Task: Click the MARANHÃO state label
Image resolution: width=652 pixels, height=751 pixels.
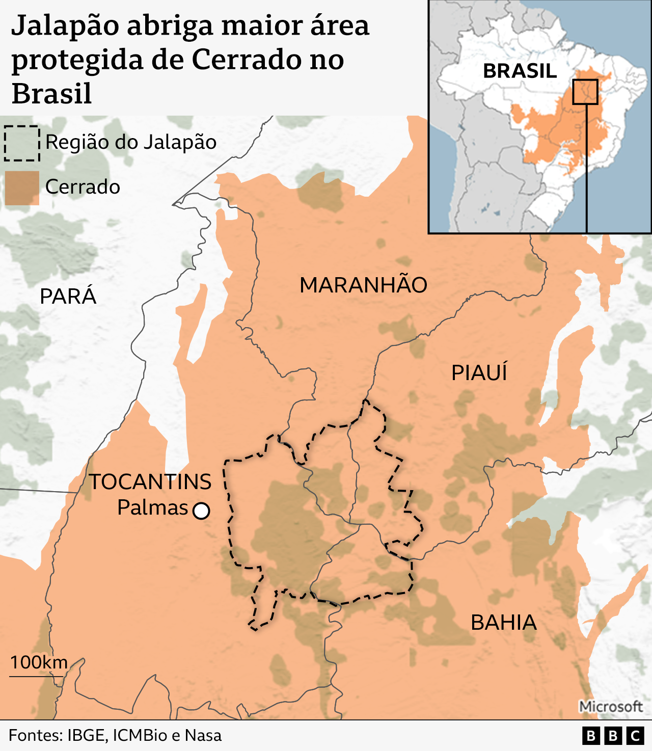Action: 363,285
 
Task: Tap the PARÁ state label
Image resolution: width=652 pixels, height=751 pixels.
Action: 68,297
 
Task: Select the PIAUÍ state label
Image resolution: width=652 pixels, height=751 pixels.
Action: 479,373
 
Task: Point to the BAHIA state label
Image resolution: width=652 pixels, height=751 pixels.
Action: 503,623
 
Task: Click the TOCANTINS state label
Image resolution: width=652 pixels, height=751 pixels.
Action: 151,482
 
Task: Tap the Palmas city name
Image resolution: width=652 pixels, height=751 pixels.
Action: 153,508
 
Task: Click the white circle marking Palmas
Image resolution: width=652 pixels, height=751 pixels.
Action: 201,511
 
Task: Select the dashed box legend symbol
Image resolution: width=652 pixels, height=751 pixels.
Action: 22,143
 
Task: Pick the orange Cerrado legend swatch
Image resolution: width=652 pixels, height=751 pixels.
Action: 22,187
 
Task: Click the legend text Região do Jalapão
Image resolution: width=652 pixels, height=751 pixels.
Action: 131,142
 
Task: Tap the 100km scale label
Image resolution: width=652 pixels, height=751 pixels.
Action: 39,662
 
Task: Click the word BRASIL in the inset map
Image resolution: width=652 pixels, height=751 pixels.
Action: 520,71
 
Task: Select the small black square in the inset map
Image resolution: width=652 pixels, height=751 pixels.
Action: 585,92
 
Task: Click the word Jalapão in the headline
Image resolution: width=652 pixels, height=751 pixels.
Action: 65,25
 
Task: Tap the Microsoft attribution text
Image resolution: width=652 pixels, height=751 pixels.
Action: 611,707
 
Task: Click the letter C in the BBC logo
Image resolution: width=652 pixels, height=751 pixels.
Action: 635,736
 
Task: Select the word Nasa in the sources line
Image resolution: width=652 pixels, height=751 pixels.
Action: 203,736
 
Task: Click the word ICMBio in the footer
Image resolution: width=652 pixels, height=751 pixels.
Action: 140,736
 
